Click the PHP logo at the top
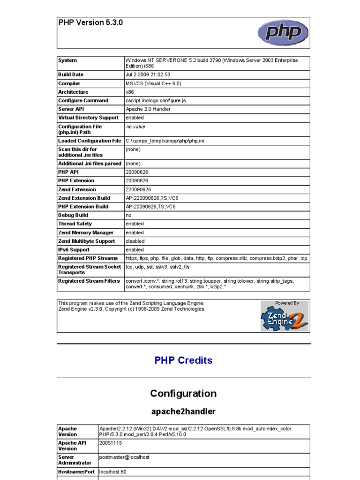coord(283,33)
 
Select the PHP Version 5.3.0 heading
coord(90,22)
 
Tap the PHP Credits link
coord(183,360)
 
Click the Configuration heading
coord(183,393)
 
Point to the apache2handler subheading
coord(183,412)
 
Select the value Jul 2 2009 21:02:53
coord(148,75)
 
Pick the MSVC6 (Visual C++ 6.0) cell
coord(153,83)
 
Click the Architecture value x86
coord(130,92)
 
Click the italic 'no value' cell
coord(135,127)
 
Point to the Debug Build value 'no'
coord(128,215)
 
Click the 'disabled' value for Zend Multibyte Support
coord(135,241)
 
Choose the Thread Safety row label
coord(75,224)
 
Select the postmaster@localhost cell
coord(124,457)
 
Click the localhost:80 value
coord(113,472)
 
